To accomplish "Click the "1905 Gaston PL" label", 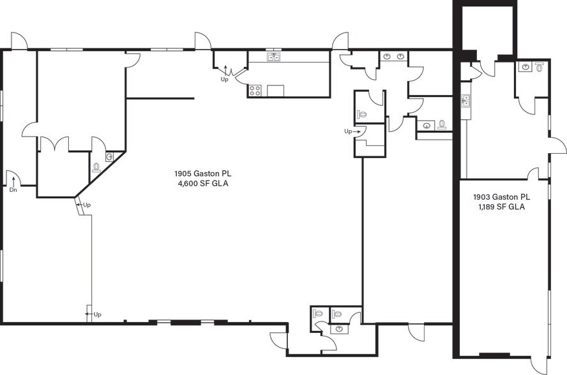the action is [x=202, y=173].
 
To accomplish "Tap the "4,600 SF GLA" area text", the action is [x=203, y=184].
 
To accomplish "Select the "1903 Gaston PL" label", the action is [x=501, y=197].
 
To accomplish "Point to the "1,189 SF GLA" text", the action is [x=502, y=207].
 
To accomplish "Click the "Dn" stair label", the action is [x=13, y=189].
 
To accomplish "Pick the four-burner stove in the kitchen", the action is [x=255, y=91].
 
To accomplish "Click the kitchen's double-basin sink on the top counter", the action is [x=274, y=57].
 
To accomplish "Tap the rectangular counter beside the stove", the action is [x=276, y=91].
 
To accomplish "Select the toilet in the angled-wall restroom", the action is [x=96, y=167].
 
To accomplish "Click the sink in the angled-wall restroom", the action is [x=110, y=157].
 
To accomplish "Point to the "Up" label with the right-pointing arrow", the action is [x=348, y=131].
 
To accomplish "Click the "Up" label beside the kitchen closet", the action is [x=225, y=80].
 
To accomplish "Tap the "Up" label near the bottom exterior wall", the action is [x=97, y=314].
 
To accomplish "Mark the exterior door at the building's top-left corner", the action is [x=18, y=40].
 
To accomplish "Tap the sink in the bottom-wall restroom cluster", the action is [x=339, y=328].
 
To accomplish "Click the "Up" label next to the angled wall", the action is [x=87, y=205].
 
